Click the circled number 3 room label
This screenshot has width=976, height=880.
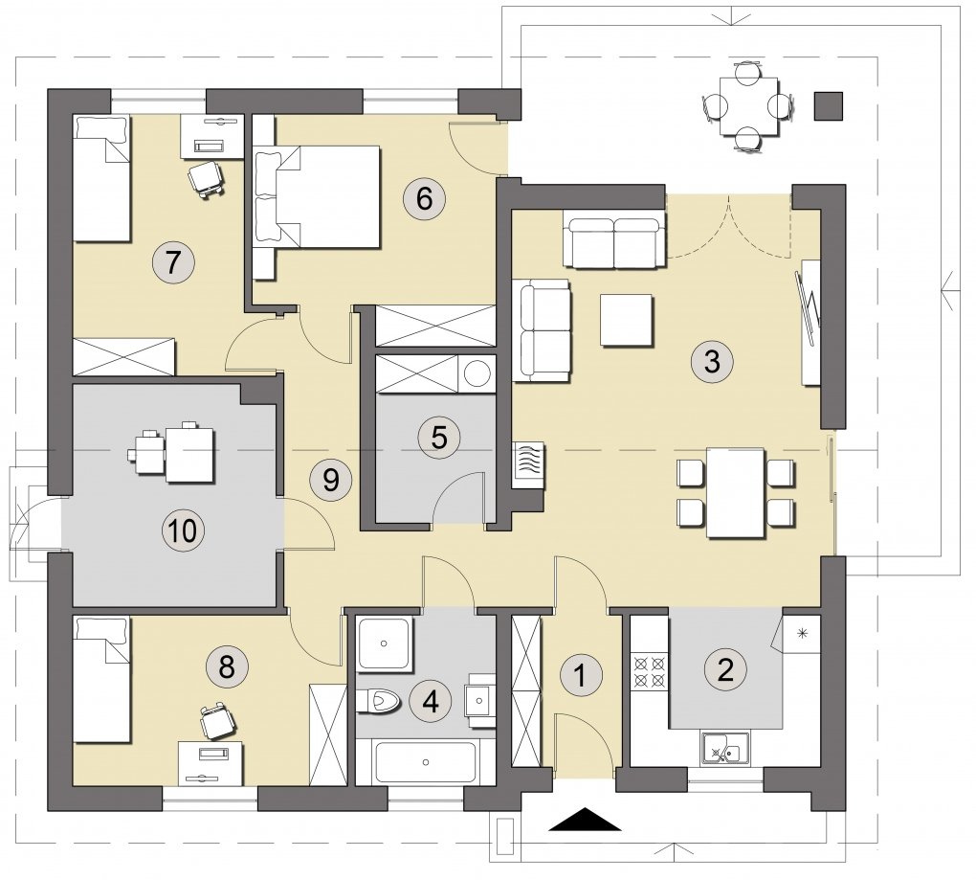[712, 361]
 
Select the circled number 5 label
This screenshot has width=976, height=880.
[439, 438]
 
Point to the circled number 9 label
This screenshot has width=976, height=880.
[330, 480]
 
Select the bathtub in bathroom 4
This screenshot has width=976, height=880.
[426, 762]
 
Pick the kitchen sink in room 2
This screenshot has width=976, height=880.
[725, 748]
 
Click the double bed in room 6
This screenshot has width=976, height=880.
[318, 197]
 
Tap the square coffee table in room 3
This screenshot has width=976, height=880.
[627, 320]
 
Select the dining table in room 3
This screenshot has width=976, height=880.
[736, 492]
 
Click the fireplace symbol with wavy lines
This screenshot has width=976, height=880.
[528, 465]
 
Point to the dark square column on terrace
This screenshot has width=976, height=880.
[829, 106]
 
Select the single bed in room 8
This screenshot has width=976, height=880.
[101, 680]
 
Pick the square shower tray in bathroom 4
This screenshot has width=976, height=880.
[385, 644]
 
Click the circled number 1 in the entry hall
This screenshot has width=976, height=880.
[581, 675]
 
